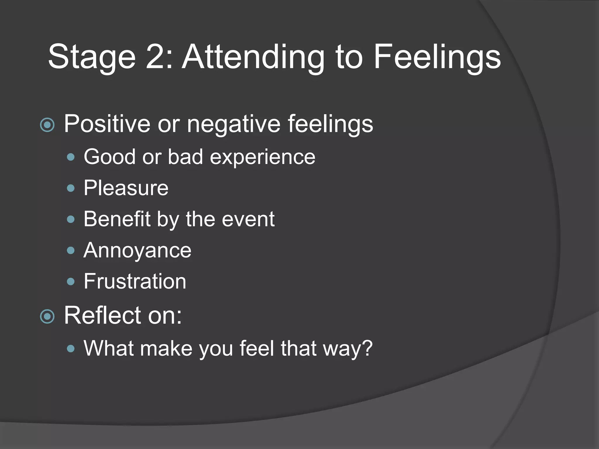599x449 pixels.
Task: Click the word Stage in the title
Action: pyautogui.click(x=92, y=57)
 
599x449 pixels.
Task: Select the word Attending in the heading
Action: pyautogui.click(x=253, y=57)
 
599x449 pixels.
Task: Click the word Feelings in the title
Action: pyautogui.click(x=437, y=57)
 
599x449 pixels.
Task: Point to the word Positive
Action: pyautogui.click(x=107, y=124)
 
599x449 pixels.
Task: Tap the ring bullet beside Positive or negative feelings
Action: pyautogui.click(x=47, y=125)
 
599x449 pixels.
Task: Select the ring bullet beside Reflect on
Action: pyautogui.click(x=47, y=317)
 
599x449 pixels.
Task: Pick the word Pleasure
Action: pyautogui.click(x=126, y=188)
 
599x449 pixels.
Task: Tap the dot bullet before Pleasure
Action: pyautogui.click(x=71, y=188)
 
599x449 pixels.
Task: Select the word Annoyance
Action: pyautogui.click(x=137, y=251)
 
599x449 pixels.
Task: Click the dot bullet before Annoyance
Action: pyautogui.click(x=71, y=251)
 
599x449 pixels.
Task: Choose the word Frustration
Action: pyautogui.click(x=135, y=281)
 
